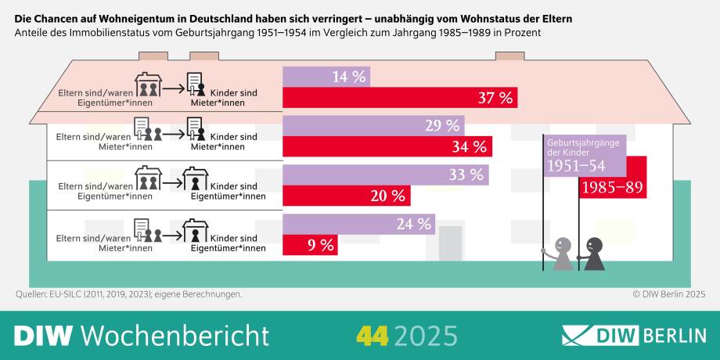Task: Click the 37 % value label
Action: click(495, 98)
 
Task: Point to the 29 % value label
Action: click(441, 125)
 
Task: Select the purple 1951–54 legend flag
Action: click(584, 157)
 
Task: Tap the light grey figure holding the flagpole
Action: click(561, 255)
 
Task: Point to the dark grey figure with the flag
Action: click(593, 254)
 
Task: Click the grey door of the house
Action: click(451, 243)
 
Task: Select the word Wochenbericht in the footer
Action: click(175, 335)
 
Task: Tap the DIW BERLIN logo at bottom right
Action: click(634, 335)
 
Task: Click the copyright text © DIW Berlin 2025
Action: click(669, 294)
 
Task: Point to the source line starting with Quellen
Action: click(128, 294)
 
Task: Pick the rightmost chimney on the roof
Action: click(509, 56)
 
